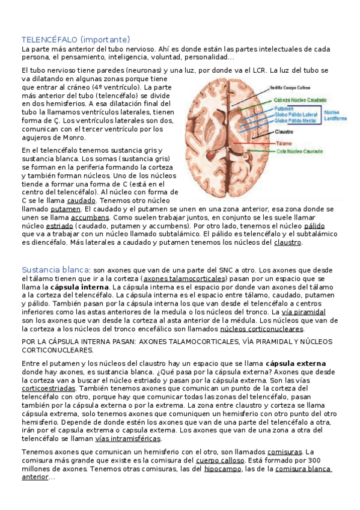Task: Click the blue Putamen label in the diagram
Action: [x=284, y=108]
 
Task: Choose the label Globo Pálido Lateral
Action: [x=296, y=114]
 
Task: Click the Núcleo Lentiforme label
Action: [x=335, y=115]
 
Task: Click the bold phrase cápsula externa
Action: [x=296, y=364]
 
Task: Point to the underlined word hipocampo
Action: [x=224, y=469]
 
